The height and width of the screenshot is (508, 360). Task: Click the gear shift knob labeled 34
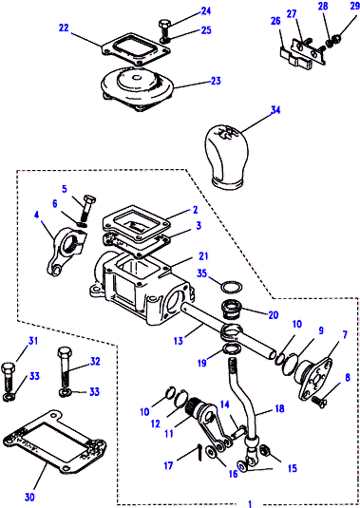tap(226, 157)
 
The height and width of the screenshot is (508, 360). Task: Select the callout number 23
tap(216, 81)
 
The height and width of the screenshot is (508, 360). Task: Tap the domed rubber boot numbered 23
tap(137, 87)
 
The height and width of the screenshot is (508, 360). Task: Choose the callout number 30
tap(29, 497)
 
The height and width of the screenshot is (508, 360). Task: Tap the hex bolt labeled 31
tap(8, 377)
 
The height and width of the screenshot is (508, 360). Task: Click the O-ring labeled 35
tap(232, 287)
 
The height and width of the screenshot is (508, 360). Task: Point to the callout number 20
tap(274, 315)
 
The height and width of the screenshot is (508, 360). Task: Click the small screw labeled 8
tap(319, 402)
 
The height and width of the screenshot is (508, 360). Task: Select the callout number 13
tap(179, 341)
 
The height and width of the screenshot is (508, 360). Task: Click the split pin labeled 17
tap(200, 452)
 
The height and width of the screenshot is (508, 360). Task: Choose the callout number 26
tap(275, 21)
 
